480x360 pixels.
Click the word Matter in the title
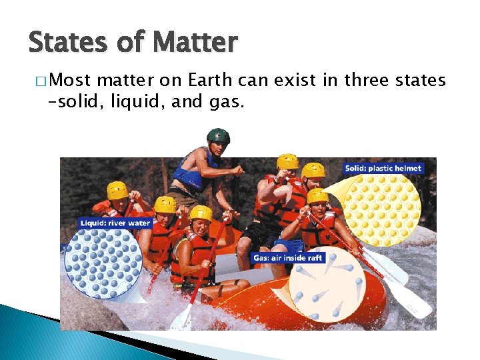pyautogui.click(x=194, y=42)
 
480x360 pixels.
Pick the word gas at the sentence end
pyautogui.click(x=231, y=102)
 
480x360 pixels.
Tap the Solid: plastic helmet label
pyautogui.click(x=383, y=168)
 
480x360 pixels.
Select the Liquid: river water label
pyautogui.click(x=115, y=223)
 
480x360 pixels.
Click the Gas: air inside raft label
pyautogui.click(x=288, y=257)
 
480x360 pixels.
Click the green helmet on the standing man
pyautogui.click(x=218, y=136)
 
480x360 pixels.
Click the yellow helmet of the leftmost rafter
pyautogui.click(x=117, y=190)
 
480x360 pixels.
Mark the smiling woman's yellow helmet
pyautogui.click(x=201, y=213)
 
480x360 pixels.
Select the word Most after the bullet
pyautogui.click(x=71, y=81)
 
